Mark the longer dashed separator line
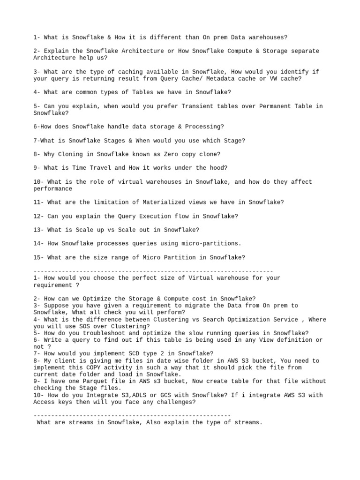pos(153,271)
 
